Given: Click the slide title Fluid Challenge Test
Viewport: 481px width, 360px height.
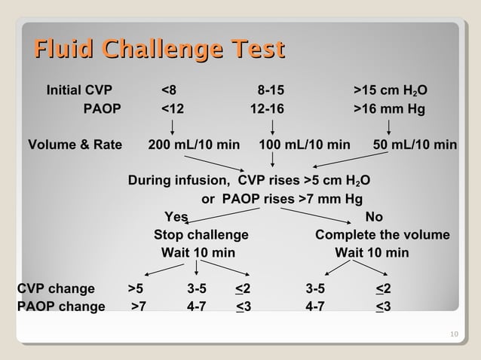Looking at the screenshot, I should [158, 50].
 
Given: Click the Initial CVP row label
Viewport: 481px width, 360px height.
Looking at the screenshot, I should [79, 91].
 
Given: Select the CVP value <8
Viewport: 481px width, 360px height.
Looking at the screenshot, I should [170, 91].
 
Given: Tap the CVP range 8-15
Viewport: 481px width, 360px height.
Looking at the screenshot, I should [271, 91].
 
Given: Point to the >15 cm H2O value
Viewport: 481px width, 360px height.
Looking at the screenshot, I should [391, 91].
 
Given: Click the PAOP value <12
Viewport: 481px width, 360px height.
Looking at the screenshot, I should [173, 109].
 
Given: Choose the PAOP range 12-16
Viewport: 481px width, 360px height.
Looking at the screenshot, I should [268, 109].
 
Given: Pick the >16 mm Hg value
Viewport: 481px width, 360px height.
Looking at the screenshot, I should [389, 109].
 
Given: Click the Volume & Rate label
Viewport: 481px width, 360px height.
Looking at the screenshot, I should [75, 145].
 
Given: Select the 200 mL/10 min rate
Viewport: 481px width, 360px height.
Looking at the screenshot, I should [195, 145].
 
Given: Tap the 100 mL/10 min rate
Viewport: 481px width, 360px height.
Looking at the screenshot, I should [305, 145].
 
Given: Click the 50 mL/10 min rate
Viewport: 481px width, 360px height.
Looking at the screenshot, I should [415, 145].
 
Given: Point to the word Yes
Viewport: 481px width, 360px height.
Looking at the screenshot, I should [176, 218].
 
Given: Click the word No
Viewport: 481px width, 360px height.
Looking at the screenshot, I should [373, 218].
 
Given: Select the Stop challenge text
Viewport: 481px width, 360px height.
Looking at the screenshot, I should [201, 235].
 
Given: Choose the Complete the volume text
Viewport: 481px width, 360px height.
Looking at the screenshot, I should [382, 235].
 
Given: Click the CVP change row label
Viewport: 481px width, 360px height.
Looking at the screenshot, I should [56, 288].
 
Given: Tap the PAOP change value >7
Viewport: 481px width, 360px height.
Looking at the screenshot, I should [139, 307].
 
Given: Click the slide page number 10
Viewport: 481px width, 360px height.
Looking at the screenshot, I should [452, 334].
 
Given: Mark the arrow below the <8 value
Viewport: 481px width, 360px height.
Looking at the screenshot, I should [173, 127].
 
